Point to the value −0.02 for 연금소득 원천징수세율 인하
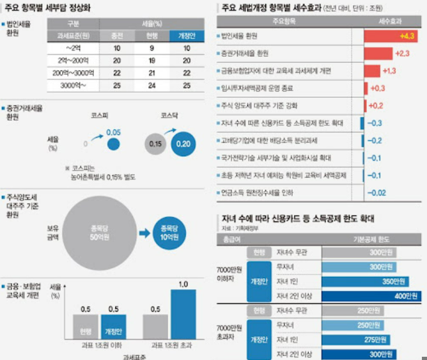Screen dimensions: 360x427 tap(378, 192)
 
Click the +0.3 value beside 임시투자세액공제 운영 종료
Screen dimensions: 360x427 tap(378, 88)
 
